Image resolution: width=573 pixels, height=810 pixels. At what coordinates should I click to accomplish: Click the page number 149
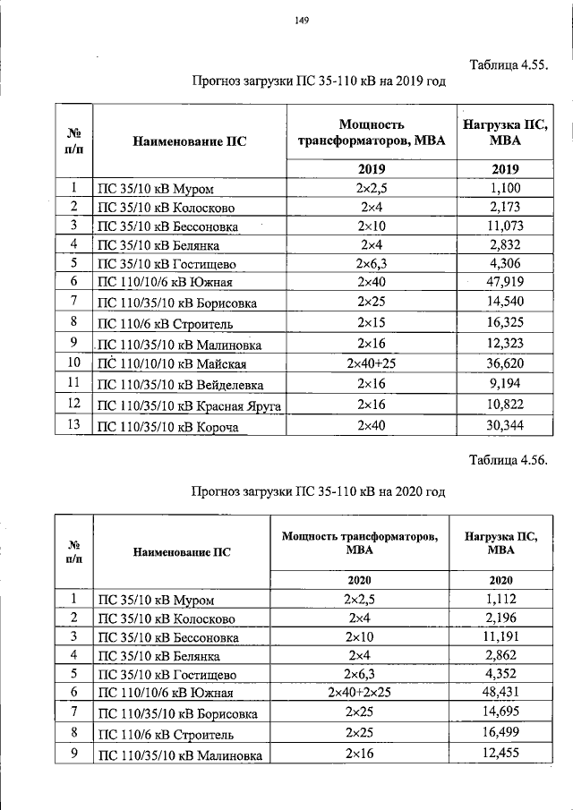coord(302,24)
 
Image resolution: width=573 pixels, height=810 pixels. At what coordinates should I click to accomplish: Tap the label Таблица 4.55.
coord(508,64)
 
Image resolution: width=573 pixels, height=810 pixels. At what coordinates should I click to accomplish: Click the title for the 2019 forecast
coord(318,81)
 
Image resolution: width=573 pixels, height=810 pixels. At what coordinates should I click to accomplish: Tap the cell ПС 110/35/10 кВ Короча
coord(167,428)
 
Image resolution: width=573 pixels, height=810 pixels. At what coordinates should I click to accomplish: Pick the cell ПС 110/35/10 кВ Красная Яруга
coord(189,406)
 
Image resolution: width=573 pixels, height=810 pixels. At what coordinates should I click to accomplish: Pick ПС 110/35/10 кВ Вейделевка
coord(180,385)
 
